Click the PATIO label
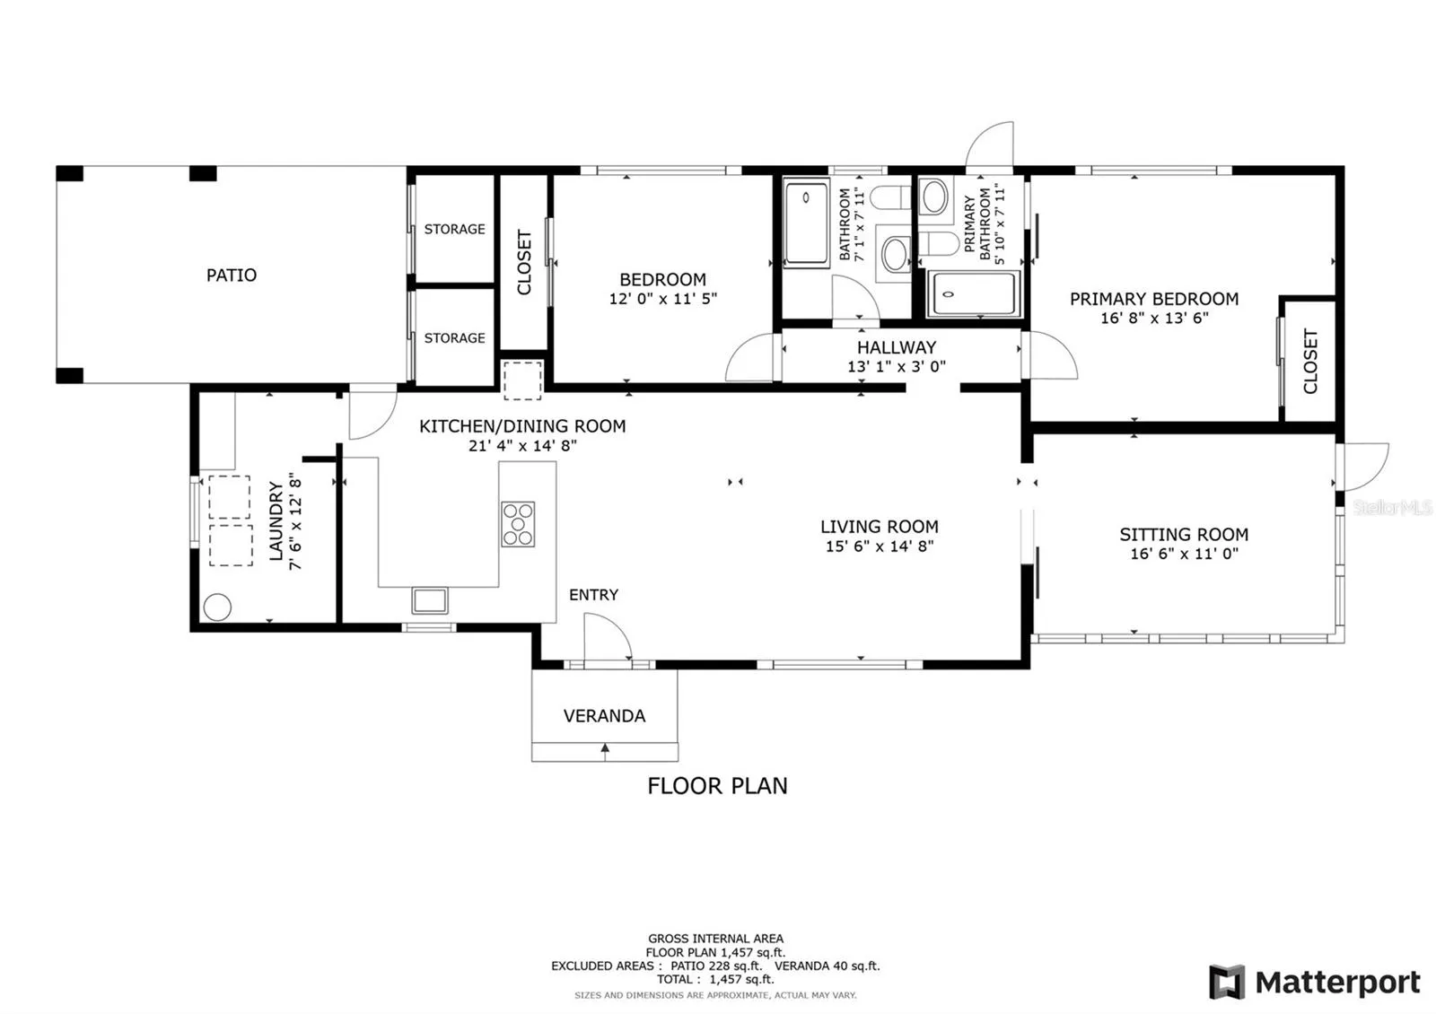[x=232, y=275]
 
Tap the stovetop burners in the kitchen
[x=518, y=524]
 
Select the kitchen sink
[x=430, y=600]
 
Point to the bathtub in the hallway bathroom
[x=806, y=222]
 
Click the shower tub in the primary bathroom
[x=973, y=294]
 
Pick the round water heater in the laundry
[x=217, y=607]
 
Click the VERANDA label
[x=605, y=715]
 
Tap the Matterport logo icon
[x=1227, y=981]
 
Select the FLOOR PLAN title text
[x=717, y=785]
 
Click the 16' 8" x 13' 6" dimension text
[x=1154, y=318]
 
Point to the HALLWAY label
[x=897, y=347]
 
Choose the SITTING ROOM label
[x=1184, y=534]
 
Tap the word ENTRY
[x=593, y=595]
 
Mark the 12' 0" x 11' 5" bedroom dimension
[x=663, y=299]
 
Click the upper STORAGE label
[x=454, y=229]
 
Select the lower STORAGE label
[x=454, y=337]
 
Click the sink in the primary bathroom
[x=933, y=196]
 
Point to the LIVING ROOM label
[x=880, y=526]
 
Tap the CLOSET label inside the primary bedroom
[x=1310, y=362]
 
